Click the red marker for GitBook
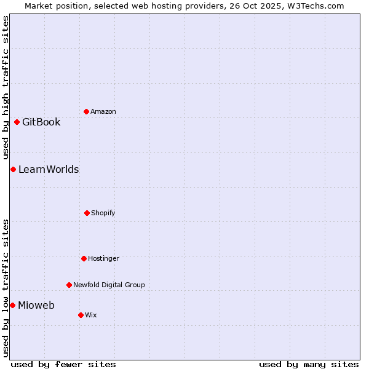(x=17, y=122)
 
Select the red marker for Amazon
(x=86, y=111)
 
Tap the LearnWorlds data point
(x=13, y=169)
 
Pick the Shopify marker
(x=87, y=213)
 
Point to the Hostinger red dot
(x=84, y=258)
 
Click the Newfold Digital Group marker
(x=69, y=285)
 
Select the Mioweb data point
(x=12, y=305)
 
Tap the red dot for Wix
(x=81, y=315)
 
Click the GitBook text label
(x=41, y=122)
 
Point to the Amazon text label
(x=103, y=111)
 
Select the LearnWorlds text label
(x=49, y=169)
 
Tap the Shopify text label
(x=103, y=213)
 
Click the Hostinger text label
(x=103, y=258)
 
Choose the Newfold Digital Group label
(x=109, y=285)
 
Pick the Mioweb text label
(x=36, y=305)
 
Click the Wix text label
(x=91, y=315)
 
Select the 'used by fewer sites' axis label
(x=63, y=364)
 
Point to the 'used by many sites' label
(x=309, y=364)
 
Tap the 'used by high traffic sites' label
(x=6, y=88)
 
